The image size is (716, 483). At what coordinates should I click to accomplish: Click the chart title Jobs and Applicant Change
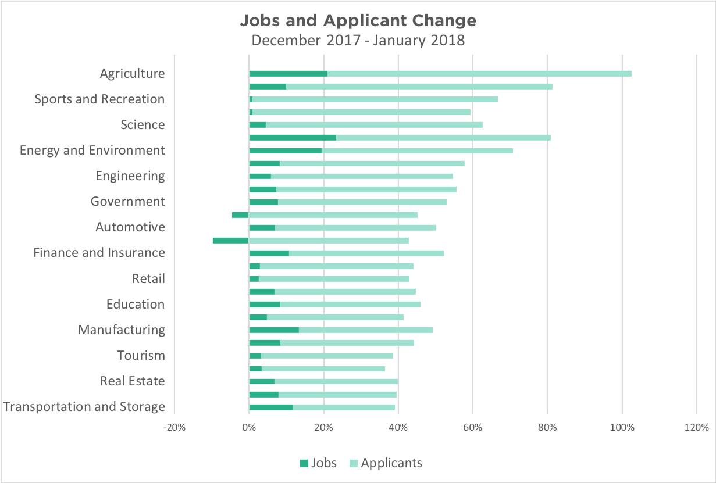pos(358,21)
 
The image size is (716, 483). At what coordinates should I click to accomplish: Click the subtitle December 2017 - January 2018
pos(358,40)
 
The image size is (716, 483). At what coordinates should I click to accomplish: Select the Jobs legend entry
pos(318,463)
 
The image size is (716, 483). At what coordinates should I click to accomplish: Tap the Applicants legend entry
pos(385,463)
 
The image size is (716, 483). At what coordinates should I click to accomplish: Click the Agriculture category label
pos(132,73)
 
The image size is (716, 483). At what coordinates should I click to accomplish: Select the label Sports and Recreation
pos(99,99)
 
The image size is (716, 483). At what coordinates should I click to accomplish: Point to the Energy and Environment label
pos(92,150)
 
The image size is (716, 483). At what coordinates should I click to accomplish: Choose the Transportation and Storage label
pos(84,406)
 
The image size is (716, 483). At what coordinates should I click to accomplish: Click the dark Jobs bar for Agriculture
pos(288,74)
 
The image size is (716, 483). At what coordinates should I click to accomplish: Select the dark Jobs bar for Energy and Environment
pos(285,151)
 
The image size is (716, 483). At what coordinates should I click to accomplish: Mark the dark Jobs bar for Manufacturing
pos(274,330)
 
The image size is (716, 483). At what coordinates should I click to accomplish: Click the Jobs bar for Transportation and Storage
pos(271,407)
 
